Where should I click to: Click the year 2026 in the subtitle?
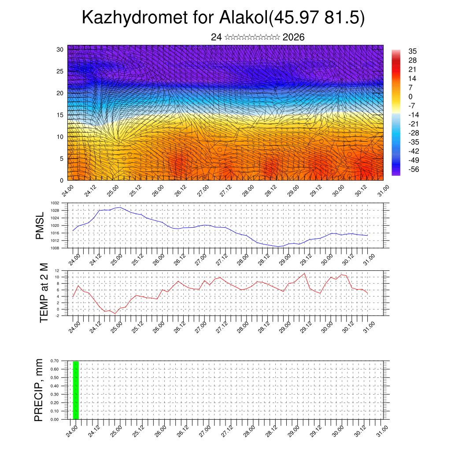pos(293,37)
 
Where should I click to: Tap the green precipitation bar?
pos(76,390)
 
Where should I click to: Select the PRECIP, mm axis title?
pos(39,390)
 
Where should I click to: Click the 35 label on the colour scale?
pos(413,51)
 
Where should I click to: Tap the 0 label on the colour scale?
pos(410,96)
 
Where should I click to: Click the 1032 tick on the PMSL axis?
pos(55,203)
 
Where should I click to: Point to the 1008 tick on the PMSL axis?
pos(55,248)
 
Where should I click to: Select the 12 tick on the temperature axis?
pos(57,270)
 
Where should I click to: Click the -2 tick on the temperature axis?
pos(57,315)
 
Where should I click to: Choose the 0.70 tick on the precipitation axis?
pos(55,361)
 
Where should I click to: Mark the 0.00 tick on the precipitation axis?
pos(55,419)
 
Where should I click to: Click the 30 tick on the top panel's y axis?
pos(60,49)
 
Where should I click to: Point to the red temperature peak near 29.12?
pos(304,274)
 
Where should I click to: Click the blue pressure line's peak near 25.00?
pos(119,207)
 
